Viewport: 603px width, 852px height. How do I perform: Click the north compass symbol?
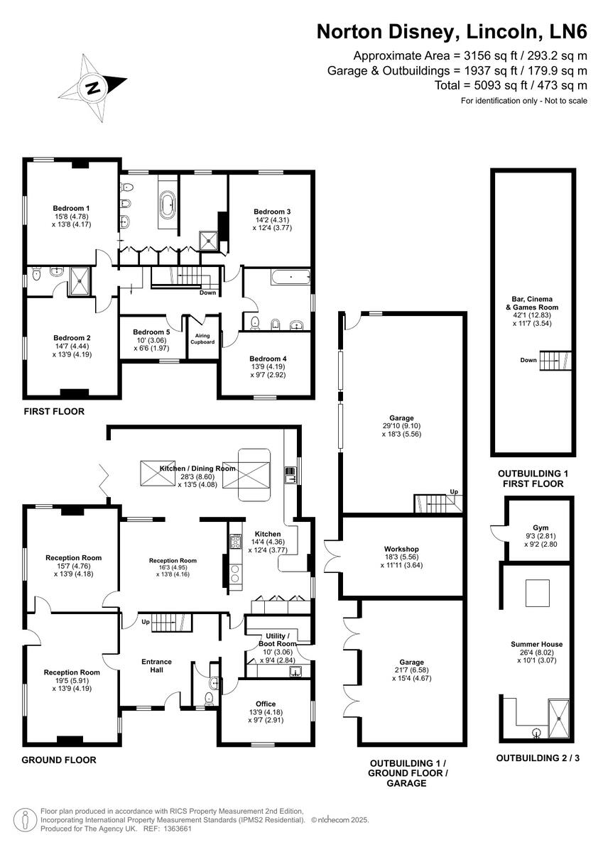tap(92, 88)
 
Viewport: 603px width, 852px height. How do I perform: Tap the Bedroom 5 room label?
tap(151, 332)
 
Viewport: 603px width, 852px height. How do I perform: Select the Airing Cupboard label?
tap(202, 337)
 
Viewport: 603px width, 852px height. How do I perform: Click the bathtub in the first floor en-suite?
tap(169, 206)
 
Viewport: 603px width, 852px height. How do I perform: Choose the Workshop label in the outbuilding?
tap(401, 549)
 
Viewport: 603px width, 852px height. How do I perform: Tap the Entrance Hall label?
tap(156, 667)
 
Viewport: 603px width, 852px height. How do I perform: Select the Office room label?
tap(266, 704)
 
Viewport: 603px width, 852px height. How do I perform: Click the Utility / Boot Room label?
tap(276, 640)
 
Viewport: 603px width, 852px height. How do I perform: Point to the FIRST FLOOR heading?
tap(54, 412)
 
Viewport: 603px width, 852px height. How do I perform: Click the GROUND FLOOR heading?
tap(58, 760)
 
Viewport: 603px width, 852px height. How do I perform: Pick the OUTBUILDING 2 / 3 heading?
tap(538, 758)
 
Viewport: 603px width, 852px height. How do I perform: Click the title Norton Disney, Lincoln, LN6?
tap(452, 32)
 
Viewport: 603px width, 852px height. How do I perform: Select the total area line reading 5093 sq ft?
tap(511, 85)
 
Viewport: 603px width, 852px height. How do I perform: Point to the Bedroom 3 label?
tap(273, 212)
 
